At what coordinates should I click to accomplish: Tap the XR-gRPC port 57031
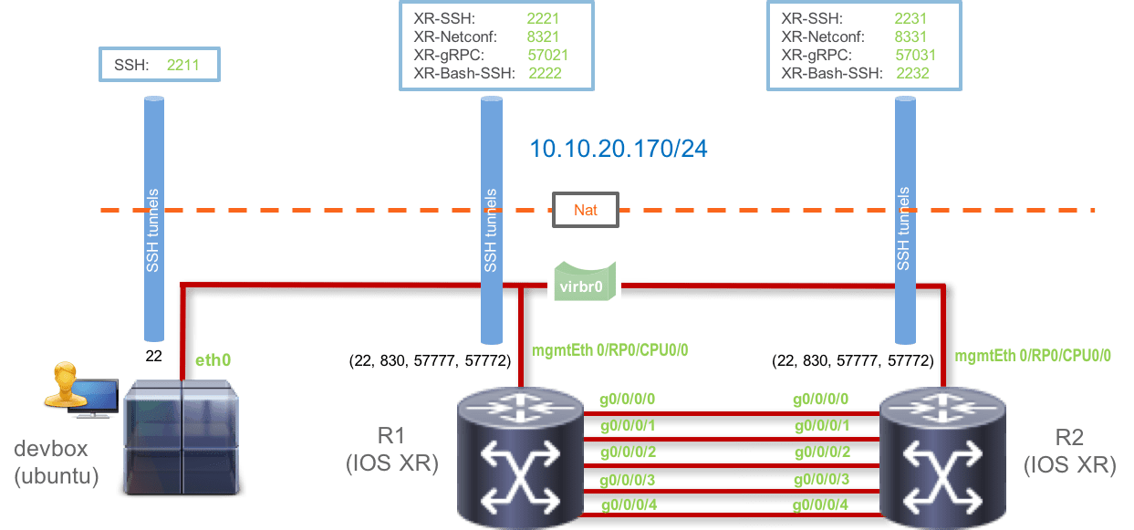[916, 55]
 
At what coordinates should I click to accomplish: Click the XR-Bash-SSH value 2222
[544, 73]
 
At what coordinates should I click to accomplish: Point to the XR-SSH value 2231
[912, 18]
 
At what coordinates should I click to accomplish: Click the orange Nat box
[586, 211]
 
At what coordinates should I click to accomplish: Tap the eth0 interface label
[213, 360]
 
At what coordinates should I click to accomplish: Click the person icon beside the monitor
[64, 383]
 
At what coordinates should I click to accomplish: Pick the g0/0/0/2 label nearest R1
[627, 452]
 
